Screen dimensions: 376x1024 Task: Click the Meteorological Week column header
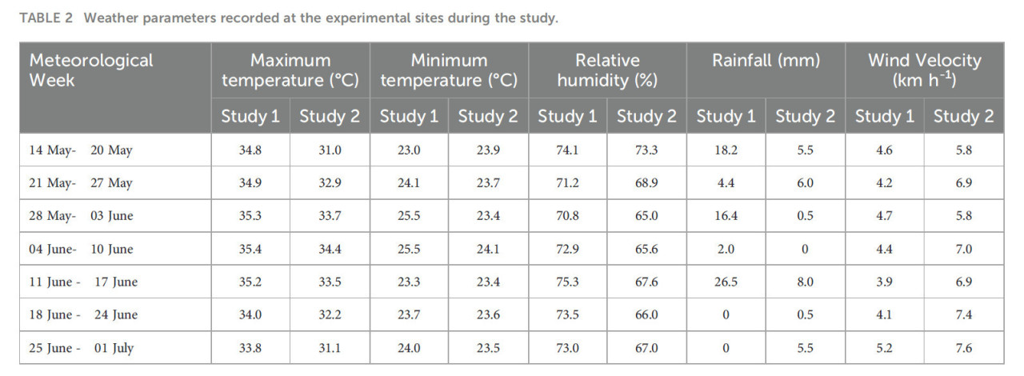[x=91, y=70]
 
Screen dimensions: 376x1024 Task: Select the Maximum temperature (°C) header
[x=290, y=70]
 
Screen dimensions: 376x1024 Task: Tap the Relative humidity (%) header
[x=607, y=70]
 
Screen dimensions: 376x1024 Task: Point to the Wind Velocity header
[x=924, y=70]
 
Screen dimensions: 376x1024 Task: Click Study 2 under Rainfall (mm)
[x=805, y=117]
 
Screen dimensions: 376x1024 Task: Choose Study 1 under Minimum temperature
[x=409, y=117]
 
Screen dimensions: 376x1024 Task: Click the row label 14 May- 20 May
[x=81, y=150]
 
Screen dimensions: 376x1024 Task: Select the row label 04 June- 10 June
[x=81, y=249]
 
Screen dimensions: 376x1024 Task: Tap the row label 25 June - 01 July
[x=81, y=348]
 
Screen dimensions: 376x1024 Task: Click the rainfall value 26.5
[x=726, y=282]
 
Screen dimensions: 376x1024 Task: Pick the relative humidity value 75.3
[x=567, y=282]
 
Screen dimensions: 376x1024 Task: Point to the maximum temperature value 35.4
[x=250, y=249]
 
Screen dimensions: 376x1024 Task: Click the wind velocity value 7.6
[x=963, y=348]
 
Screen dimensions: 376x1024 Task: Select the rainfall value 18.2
[x=726, y=150]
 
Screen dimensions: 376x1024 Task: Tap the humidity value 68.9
[x=646, y=183]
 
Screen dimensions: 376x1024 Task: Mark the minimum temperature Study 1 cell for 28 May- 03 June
[x=409, y=216]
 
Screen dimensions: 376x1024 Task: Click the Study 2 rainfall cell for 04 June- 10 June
[x=805, y=249]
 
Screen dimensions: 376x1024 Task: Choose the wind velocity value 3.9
[x=884, y=282]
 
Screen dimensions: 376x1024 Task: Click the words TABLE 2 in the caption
[x=45, y=18]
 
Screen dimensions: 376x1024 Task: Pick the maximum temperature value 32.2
[x=330, y=314]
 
